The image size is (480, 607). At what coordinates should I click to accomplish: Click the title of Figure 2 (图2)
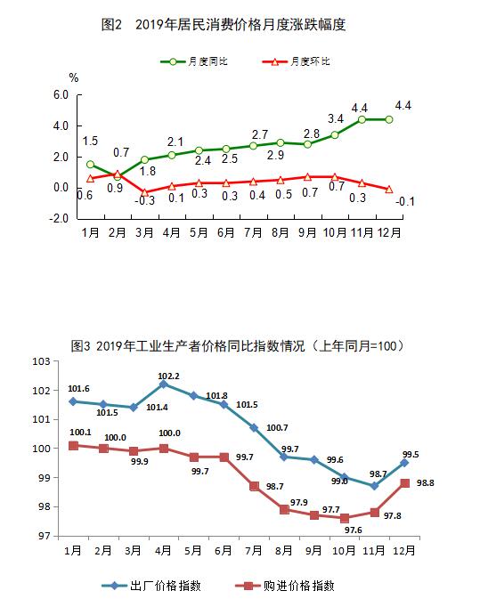pyautogui.click(x=224, y=25)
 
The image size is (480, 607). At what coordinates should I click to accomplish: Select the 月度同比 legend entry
pyautogui.click(x=194, y=61)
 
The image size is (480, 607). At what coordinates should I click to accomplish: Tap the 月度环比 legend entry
pyautogui.click(x=296, y=61)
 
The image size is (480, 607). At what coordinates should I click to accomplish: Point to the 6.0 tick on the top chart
pyautogui.click(x=61, y=95)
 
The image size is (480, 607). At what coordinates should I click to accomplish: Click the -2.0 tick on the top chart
pyautogui.click(x=59, y=219)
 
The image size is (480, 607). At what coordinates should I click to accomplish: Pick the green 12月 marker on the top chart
pyautogui.click(x=389, y=119)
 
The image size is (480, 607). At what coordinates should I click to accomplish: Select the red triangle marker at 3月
pyautogui.click(x=144, y=192)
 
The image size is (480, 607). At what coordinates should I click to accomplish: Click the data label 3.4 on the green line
pyautogui.click(x=336, y=119)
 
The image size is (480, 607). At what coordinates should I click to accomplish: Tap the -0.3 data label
pyautogui.click(x=145, y=200)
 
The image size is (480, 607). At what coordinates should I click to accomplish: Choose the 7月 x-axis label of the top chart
pyautogui.click(x=253, y=232)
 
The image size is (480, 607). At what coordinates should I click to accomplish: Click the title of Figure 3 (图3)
pyautogui.click(x=238, y=345)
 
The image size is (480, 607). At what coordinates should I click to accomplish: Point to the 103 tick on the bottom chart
pyautogui.click(x=42, y=361)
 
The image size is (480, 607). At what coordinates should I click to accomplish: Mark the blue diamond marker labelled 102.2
pyautogui.click(x=164, y=384)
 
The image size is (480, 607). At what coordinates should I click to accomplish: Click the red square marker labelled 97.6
pyautogui.click(x=345, y=518)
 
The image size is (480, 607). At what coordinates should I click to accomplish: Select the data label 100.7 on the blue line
pyautogui.click(x=277, y=428)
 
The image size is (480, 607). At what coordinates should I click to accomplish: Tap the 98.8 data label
pyautogui.click(x=426, y=483)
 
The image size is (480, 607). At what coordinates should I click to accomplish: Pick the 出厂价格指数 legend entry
pyautogui.click(x=151, y=586)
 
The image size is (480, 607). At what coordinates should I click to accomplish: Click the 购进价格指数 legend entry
pyautogui.click(x=284, y=586)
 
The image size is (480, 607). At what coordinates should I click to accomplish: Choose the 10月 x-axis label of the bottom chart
pyautogui.click(x=344, y=550)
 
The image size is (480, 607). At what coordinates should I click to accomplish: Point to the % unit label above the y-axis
pyautogui.click(x=74, y=78)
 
